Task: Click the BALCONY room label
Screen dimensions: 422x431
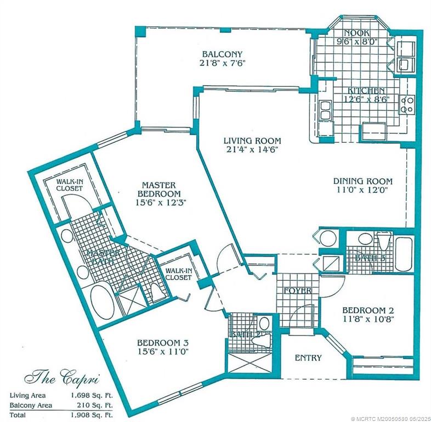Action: click(223, 54)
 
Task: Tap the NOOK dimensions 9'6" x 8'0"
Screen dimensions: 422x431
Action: click(357, 41)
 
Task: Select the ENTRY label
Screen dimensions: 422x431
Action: click(308, 358)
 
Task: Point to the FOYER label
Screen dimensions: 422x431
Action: click(298, 290)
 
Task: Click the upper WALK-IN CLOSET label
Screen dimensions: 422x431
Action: click(70, 184)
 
